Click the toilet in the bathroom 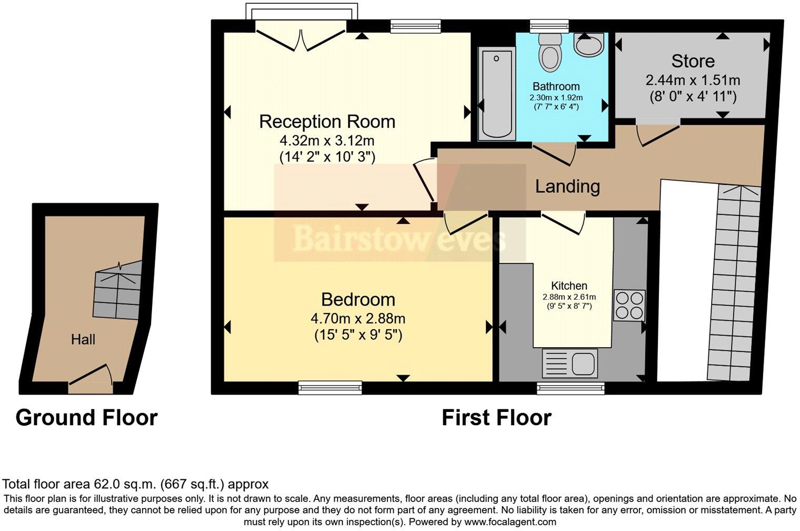coord(551,53)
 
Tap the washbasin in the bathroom coord(588,45)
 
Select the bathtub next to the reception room coord(497,94)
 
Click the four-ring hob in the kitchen coord(629,306)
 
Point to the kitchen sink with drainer coord(569,363)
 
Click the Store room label coord(693,61)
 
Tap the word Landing coord(567,186)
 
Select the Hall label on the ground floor coord(83,339)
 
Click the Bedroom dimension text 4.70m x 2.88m coord(358,318)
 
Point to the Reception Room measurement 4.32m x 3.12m coord(327,141)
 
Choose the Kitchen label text coord(569,286)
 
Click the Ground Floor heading coord(86,418)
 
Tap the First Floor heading coord(496,418)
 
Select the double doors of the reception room coord(301,40)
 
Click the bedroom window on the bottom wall coord(330,388)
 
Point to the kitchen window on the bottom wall coord(571,388)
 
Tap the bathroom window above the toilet coord(549,26)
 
